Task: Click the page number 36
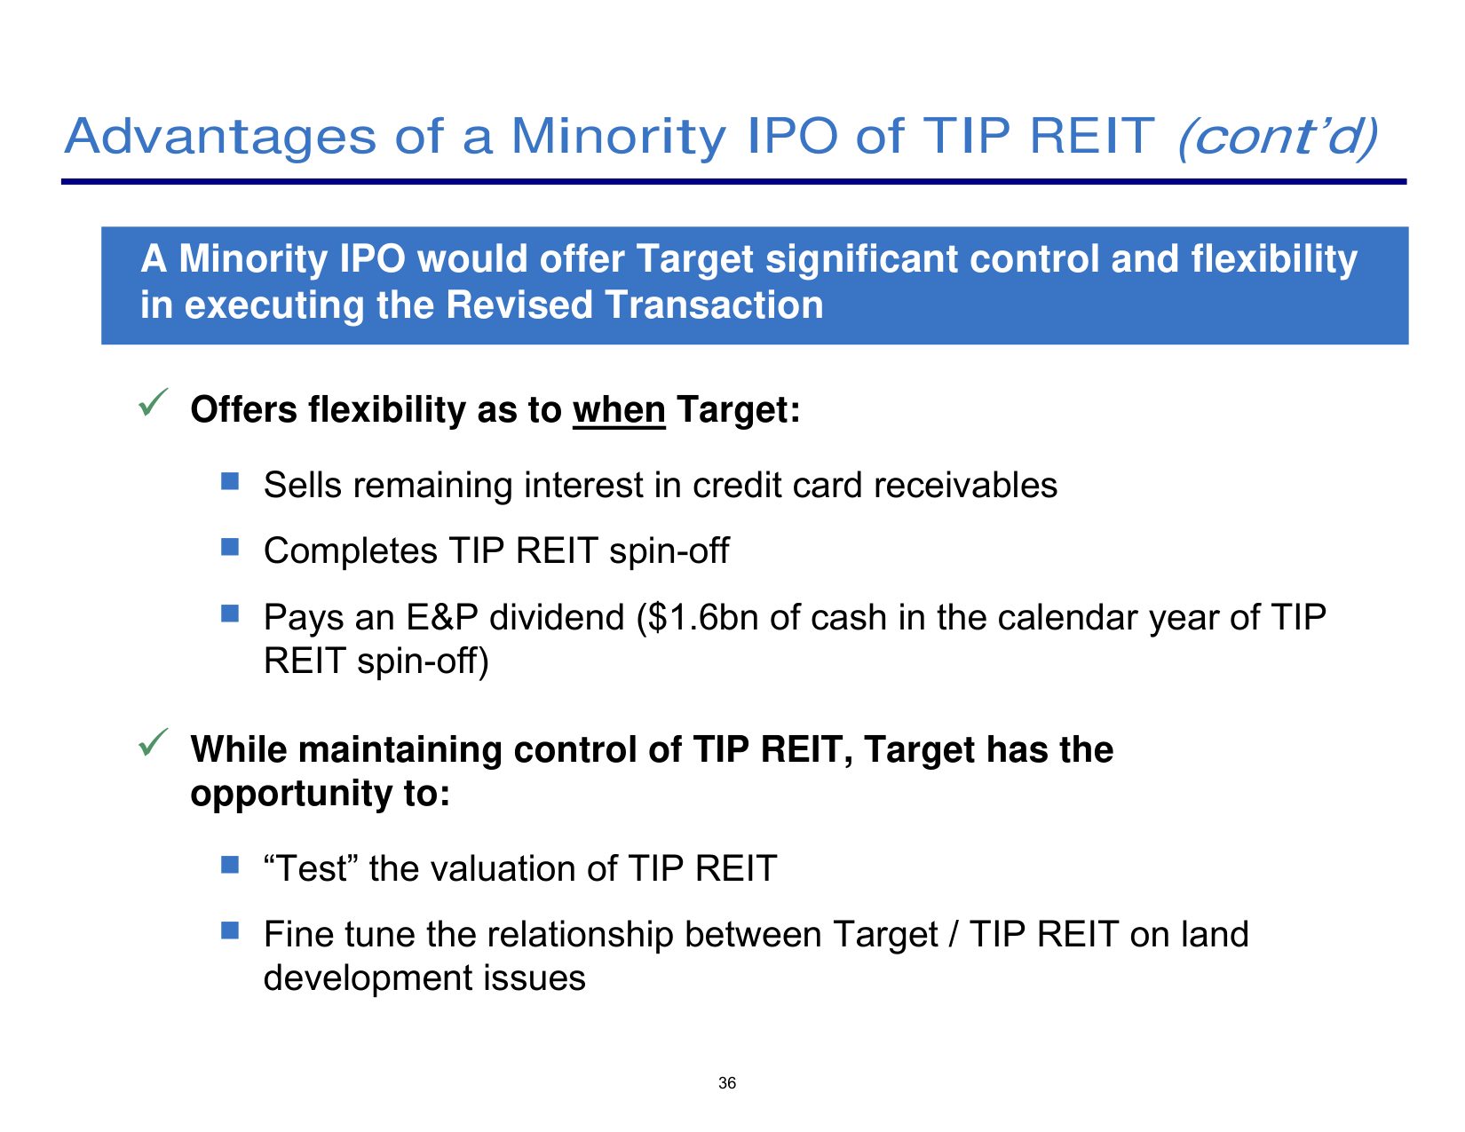coord(727,1083)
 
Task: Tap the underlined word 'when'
coord(619,410)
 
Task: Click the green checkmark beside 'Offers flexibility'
coord(153,402)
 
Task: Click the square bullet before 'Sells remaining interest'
coord(230,480)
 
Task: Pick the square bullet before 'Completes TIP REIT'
coord(230,546)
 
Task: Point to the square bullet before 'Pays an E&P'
coord(230,613)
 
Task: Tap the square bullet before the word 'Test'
coord(230,864)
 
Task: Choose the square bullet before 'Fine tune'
coord(230,930)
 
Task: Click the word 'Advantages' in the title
coord(220,138)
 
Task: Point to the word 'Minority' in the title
coord(618,138)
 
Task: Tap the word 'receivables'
coord(965,485)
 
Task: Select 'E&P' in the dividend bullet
coord(442,618)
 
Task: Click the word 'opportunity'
coord(291,794)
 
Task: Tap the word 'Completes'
coord(351,551)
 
